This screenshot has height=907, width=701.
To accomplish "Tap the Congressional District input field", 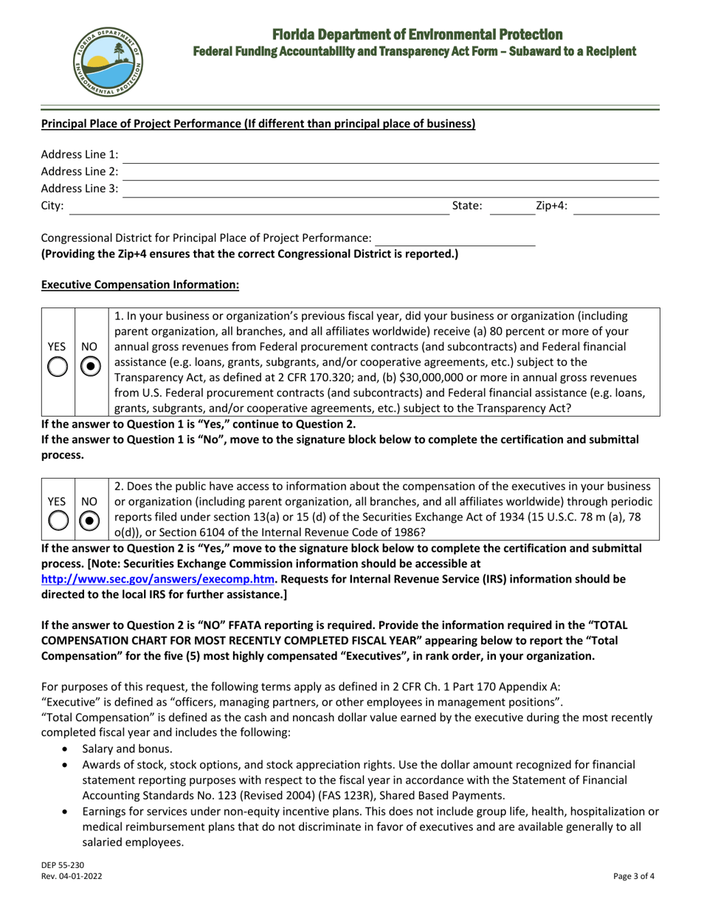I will (455, 239).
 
